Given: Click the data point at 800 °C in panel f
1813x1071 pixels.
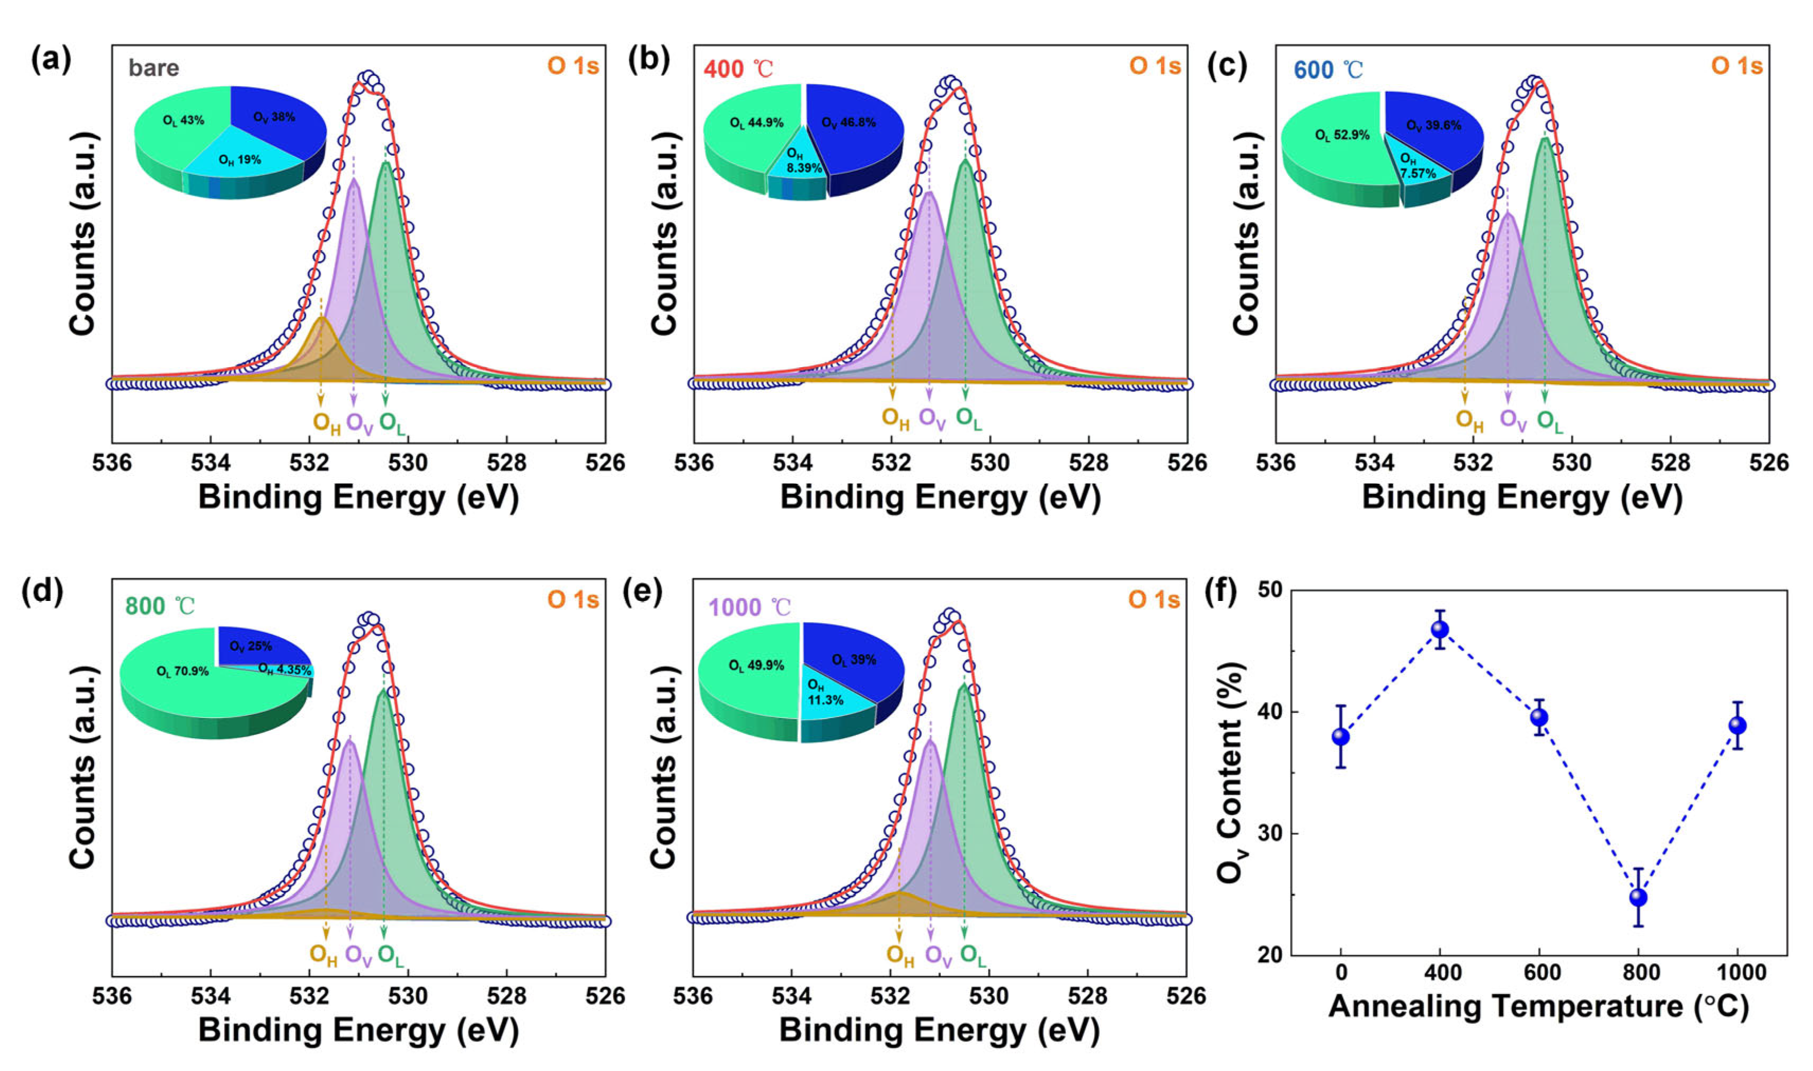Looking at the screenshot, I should click(1638, 897).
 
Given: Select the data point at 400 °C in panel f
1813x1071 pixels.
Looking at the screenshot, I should click(1440, 630).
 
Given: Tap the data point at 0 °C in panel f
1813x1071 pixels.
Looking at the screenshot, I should click(1341, 737).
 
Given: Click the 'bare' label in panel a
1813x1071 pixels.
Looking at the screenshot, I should click(154, 68).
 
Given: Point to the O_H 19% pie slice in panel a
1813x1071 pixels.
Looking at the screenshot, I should click(240, 160).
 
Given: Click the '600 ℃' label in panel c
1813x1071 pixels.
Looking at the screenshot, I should click(1328, 70).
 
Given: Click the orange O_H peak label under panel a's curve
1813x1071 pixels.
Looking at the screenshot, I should click(326, 423).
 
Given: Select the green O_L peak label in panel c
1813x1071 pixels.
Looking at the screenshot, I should click(1550, 421).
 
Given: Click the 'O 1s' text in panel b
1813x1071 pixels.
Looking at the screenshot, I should click(1154, 66).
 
